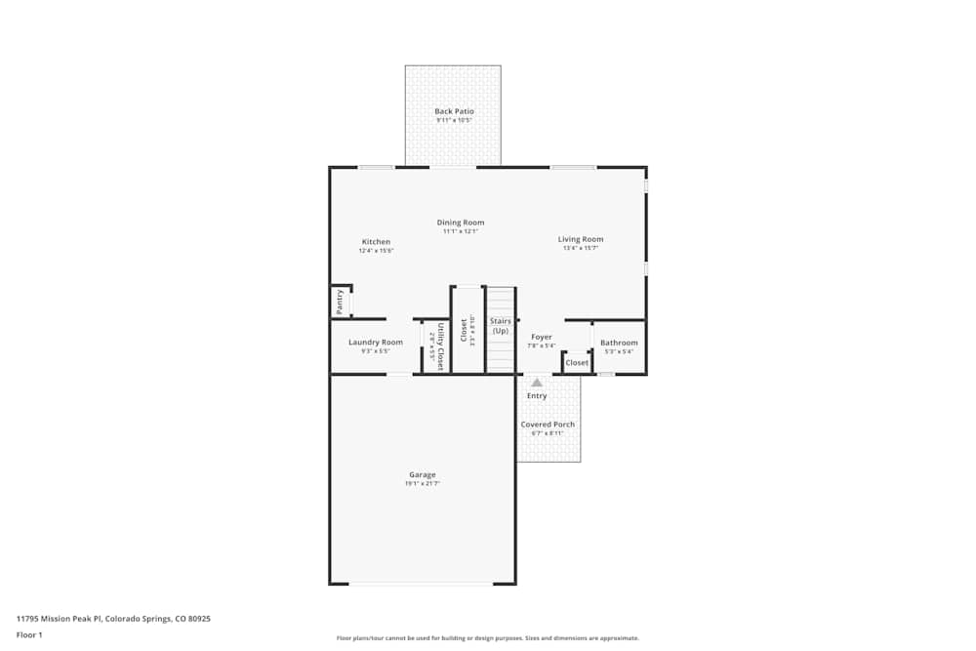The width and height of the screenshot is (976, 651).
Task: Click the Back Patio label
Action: tap(454, 111)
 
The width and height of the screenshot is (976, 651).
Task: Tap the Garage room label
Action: tap(423, 474)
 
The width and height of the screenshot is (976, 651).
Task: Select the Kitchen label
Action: tap(376, 242)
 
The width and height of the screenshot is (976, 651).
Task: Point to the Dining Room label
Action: tap(460, 223)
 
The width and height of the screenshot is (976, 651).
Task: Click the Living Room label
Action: tap(581, 239)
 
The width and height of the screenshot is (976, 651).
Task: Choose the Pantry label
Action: tap(340, 302)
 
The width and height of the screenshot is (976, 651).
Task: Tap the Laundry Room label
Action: tap(376, 343)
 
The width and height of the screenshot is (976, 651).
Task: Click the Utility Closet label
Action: tap(440, 346)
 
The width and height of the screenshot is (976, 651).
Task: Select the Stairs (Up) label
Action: tap(501, 326)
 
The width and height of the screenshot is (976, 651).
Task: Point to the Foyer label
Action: tap(542, 337)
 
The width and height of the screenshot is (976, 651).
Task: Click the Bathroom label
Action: tap(619, 343)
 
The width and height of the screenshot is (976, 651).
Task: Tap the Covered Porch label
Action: tap(548, 425)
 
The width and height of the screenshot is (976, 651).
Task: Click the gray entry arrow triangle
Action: tap(537, 383)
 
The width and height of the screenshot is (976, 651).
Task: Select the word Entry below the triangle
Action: tap(537, 395)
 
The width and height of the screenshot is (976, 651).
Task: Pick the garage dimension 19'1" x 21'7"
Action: tap(423, 483)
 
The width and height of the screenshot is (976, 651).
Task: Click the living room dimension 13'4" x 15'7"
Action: tap(581, 248)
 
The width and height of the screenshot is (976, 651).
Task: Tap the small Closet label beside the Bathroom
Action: tap(577, 363)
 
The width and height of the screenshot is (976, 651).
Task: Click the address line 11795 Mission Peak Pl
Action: tap(113, 618)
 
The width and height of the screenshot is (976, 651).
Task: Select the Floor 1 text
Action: tap(29, 634)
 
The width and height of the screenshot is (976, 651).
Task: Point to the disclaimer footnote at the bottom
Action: tap(488, 638)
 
